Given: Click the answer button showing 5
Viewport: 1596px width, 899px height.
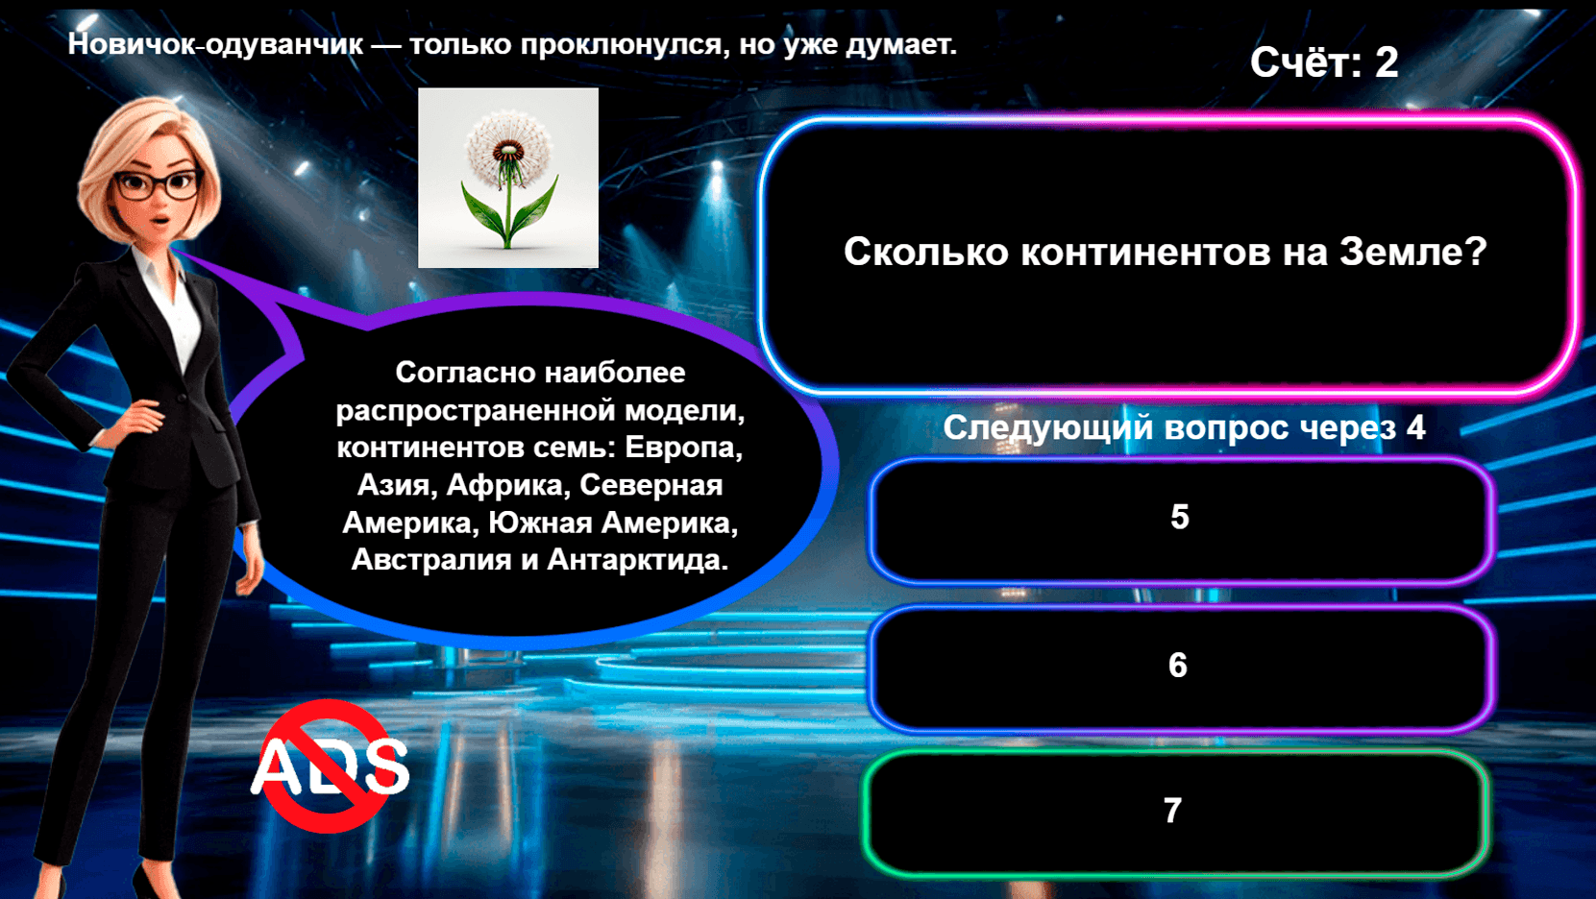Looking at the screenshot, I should pyautogui.click(x=1180, y=519).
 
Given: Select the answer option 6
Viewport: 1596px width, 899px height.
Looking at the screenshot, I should pyautogui.click(x=1180, y=666).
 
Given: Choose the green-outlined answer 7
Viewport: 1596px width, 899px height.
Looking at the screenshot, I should pyautogui.click(x=1174, y=812).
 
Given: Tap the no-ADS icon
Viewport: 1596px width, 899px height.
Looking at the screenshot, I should pyautogui.click(x=330, y=765).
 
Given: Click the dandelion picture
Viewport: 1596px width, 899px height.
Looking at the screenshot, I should pyautogui.click(x=508, y=178).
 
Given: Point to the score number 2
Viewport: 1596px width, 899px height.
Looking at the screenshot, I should pyautogui.click(x=1387, y=63).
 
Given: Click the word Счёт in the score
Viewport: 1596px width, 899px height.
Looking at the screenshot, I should pyautogui.click(x=1305, y=63).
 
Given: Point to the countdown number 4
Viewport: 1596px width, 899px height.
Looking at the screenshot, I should pyautogui.click(x=1415, y=427).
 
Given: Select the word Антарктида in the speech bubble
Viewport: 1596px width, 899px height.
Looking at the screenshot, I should pyautogui.click(x=636, y=560).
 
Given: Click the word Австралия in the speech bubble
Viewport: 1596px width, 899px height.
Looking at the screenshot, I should pyautogui.click(x=431, y=560).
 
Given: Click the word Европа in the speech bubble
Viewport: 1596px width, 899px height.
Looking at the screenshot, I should pyautogui.click(x=683, y=448).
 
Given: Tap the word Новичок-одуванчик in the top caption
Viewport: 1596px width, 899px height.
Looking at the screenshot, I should pyautogui.click(x=215, y=44).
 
